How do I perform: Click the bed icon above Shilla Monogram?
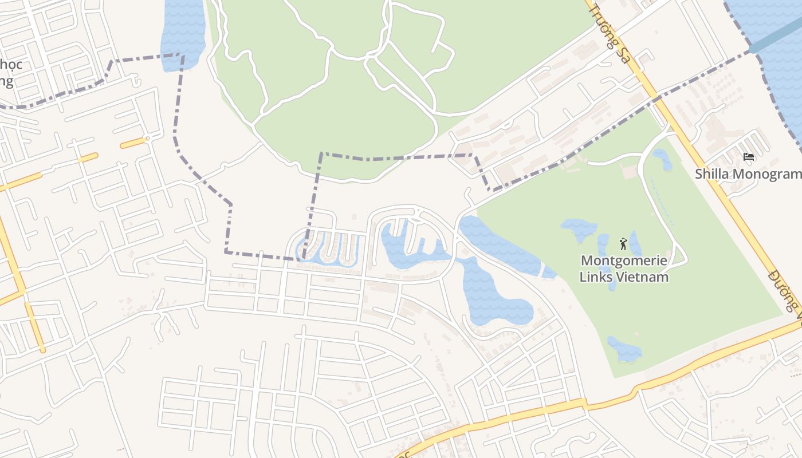click(x=748, y=156)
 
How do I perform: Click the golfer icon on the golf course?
click(x=623, y=244)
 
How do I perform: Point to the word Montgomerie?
click(x=624, y=260)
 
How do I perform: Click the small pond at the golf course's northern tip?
click(x=663, y=159)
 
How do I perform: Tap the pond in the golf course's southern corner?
click(x=625, y=349)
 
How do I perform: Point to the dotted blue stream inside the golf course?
click(x=663, y=203)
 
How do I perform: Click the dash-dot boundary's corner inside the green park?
click(x=321, y=154)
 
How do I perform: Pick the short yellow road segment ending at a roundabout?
click(x=134, y=142)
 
